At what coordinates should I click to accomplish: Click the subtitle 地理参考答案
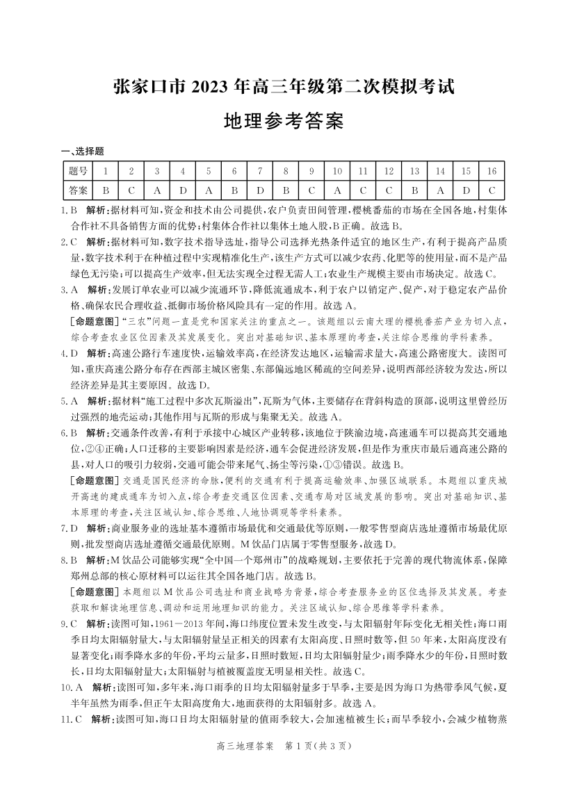(284, 122)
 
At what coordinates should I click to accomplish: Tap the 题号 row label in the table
(79, 170)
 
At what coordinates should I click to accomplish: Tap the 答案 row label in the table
(79, 190)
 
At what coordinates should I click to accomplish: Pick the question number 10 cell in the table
(336, 170)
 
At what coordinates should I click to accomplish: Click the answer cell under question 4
(182, 190)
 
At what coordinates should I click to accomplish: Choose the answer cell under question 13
(414, 190)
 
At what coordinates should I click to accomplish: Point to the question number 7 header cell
(259, 170)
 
